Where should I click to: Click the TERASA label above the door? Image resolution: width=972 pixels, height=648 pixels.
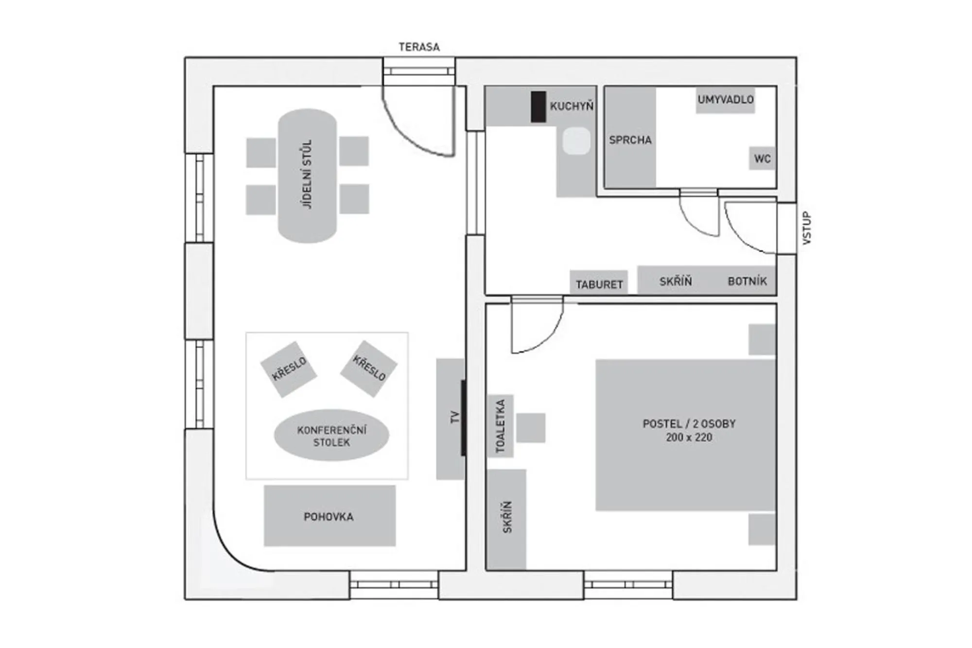419,47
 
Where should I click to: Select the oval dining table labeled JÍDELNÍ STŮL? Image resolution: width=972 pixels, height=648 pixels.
307,175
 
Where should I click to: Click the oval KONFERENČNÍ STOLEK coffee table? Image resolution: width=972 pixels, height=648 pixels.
331,436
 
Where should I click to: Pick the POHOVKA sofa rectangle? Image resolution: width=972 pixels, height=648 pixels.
330,516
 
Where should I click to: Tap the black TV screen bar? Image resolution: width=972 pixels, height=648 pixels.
463,418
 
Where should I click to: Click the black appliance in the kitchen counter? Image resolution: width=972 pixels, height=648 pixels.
538,106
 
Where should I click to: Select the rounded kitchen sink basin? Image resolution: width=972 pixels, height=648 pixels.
576,141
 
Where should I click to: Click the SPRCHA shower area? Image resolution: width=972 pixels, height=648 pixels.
630,140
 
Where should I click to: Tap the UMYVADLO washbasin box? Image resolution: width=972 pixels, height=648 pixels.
725,100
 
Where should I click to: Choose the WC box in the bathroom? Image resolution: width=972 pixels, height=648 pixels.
762,158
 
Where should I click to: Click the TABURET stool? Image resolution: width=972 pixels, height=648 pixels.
599,283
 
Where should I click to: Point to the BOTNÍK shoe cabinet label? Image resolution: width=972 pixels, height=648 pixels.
747,281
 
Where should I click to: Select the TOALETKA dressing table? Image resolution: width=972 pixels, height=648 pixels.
500,426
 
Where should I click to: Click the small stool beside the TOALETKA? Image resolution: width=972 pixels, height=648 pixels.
530,428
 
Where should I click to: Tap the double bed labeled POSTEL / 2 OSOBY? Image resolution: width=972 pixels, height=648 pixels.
685,435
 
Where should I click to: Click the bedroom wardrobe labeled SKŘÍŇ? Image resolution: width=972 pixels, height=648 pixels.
506,518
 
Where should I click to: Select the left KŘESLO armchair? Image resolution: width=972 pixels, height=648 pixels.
289,369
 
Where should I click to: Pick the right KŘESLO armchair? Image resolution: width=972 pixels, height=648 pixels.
369,368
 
